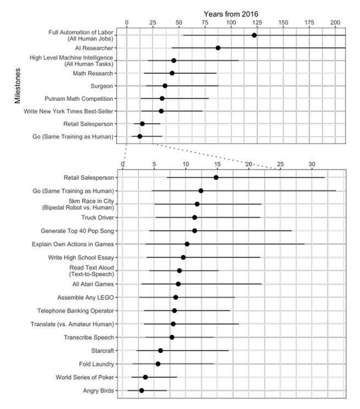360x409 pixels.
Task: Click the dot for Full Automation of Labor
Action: (254, 35)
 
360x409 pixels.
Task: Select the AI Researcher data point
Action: (218, 48)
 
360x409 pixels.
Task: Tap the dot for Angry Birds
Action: (141, 390)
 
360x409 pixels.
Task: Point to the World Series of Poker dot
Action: (145, 377)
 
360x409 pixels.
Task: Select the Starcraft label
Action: (102, 350)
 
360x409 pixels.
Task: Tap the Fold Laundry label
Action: (96, 364)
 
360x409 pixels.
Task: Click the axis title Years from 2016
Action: (231, 13)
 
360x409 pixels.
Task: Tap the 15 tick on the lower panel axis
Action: (218, 164)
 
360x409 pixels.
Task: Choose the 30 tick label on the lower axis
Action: (312, 164)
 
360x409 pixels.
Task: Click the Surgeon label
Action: (102, 86)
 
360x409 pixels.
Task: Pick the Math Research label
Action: (93, 74)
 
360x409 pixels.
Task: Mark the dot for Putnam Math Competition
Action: (162, 98)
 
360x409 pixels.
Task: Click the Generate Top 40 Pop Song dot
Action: (195, 231)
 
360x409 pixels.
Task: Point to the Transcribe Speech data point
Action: (172, 337)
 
